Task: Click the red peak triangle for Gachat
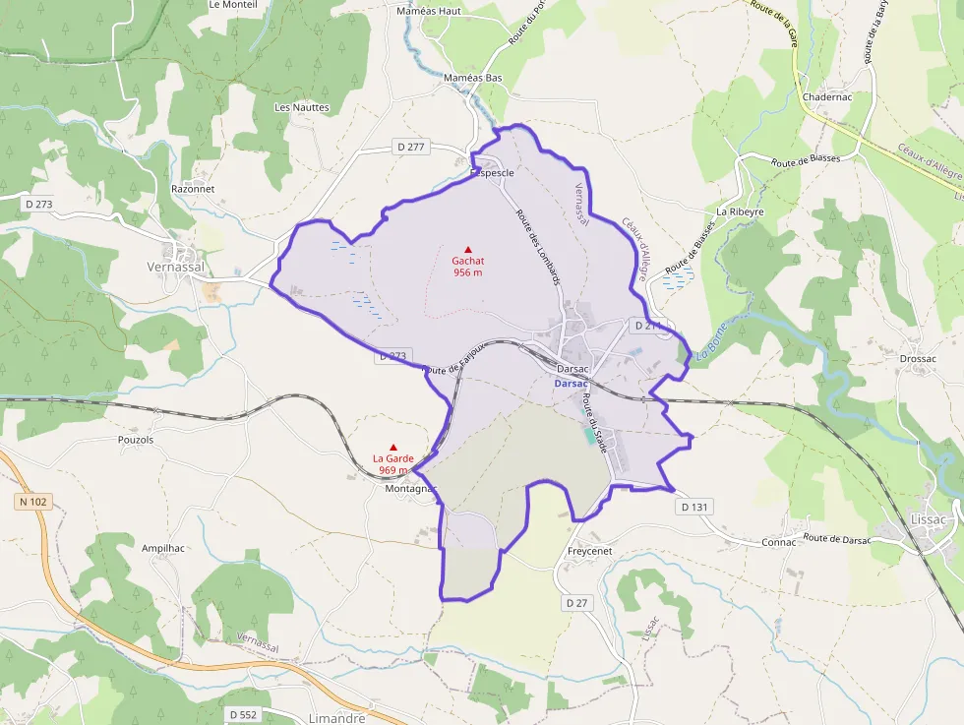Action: click(x=468, y=249)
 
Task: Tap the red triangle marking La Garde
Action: click(x=393, y=447)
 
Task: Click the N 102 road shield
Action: click(x=31, y=502)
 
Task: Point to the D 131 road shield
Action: click(x=694, y=507)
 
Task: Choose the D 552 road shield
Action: click(x=243, y=713)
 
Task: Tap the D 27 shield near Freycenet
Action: click(x=576, y=601)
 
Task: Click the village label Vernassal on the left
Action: click(x=175, y=267)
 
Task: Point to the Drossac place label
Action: click(x=917, y=359)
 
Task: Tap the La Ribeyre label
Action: click(x=740, y=211)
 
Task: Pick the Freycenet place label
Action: click(x=589, y=551)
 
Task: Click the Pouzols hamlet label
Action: click(x=136, y=440)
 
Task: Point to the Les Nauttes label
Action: click(x=302, y=107)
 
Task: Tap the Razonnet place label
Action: click(x=193, y=188)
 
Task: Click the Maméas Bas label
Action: click(x=473, y=78)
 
